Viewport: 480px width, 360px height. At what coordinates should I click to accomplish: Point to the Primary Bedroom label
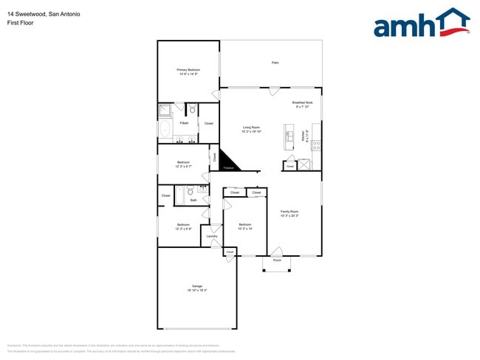click(x=188, y=72)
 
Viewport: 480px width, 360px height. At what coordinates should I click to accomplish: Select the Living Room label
click(x=251, y=129)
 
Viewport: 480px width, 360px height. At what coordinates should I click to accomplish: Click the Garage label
click(x=196, y=288)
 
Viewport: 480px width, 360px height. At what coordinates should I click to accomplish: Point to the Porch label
click(x=277, y=260)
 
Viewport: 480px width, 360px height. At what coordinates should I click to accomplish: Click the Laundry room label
click(x=212, y=236)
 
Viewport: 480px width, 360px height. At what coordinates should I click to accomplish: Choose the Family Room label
click(x=289, y=213)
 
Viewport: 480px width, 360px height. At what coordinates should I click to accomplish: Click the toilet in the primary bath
click(x=192, y=110)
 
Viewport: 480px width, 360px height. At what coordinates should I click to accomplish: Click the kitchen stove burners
click(x=315, y=144)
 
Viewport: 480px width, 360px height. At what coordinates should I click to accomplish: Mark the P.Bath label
click(x=184, y=123)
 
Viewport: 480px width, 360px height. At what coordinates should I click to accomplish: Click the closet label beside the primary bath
click(x=208, y=123)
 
